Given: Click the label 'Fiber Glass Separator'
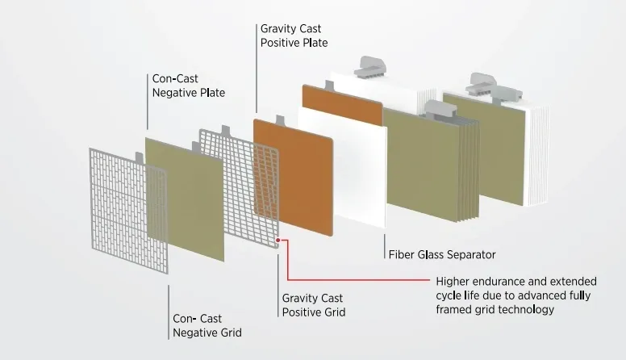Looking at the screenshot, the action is (x=442, y=254).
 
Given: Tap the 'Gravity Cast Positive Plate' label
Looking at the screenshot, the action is (x=294, y=36).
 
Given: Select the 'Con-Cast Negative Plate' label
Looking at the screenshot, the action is (x=189, y=86).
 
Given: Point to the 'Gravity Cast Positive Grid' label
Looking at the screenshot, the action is (x=313, y=305).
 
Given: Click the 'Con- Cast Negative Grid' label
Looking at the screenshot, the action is (x=207, y=325).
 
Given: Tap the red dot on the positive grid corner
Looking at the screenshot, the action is (x=278, y=240).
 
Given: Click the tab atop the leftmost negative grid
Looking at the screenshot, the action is (x=139, y=157).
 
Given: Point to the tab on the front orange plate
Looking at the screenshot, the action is (x=280, y=120).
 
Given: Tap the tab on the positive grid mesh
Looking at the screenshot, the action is (x=226, y=130).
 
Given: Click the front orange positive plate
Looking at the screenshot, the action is (x=293, y=177).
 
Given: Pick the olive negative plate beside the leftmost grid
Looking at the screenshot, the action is (x=185, y=199).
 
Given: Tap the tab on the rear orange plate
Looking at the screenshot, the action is (x=329, y=86).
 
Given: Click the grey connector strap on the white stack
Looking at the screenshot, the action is (x=371, y=66).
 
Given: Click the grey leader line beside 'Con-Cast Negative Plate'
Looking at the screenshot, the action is (x=148, y=102).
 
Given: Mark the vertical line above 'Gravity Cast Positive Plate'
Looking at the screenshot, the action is (x=257, y=69).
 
